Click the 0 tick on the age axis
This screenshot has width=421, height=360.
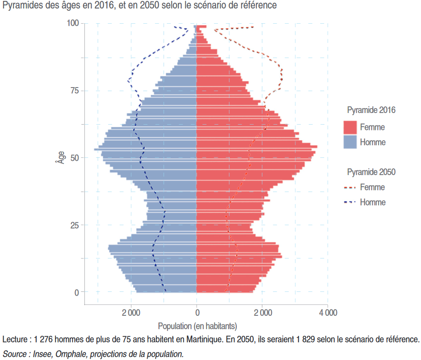click(76, 293)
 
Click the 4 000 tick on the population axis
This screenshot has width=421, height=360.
click(328, 313)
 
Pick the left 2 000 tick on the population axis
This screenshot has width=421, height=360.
click(131, 313)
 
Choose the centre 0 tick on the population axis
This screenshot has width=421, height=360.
click(197, 313)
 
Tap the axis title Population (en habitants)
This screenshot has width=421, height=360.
click(197, 326)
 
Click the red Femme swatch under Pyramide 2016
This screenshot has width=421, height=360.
click(350, 127)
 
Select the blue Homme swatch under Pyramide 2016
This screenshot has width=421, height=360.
click(350, 142)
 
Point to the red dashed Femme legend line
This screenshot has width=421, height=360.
click(350, 188)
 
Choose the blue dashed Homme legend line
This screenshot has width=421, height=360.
click(350, 202)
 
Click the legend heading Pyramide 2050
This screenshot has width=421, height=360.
click(371, 172)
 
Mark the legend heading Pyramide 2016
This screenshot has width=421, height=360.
click(371, 110)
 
